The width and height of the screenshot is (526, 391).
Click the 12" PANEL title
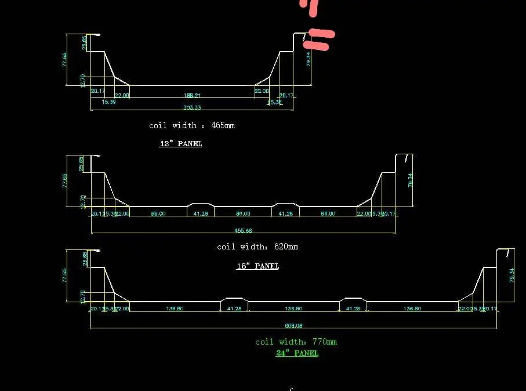tap(180, 143)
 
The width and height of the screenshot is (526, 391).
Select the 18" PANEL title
tap(257, 266)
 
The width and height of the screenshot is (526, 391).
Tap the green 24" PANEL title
tap(297, 353)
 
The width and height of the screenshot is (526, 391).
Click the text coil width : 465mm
tap(192, 125)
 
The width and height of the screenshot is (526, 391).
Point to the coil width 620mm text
tap(257, 247)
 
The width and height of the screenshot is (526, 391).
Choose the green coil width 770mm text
tap(296, 342)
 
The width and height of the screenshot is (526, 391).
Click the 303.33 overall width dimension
tap(192, 107)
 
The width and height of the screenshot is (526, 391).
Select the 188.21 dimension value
tap(192, 95)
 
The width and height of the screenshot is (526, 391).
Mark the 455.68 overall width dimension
tap(243, 230)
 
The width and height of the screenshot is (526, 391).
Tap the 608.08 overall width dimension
tap(293, 325)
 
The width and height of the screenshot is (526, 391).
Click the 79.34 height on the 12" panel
tap(309, 59)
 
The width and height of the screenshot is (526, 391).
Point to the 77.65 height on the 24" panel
tap(64, 276)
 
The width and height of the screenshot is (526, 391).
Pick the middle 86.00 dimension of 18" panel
tap(243, 213)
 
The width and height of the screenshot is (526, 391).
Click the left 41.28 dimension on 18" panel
tap(201, 213)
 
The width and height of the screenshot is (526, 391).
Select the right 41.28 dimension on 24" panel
tap(353, 309)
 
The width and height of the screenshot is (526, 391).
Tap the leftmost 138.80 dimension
tap(175, 309)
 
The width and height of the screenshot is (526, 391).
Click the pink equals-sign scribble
tap(320, 39)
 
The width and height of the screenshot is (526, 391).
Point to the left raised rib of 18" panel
tap(201, 204)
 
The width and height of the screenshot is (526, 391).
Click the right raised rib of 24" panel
tap(353, 299)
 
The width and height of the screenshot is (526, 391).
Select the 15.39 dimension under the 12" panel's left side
tap(108, 102)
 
